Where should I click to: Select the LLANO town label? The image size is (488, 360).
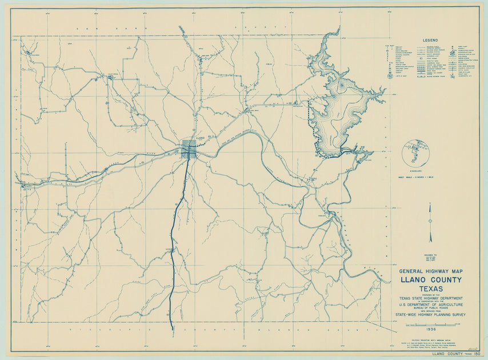pyautogui.click(x=199, y=138)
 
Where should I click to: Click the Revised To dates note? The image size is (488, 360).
pyautogui.click(x=430, y=258)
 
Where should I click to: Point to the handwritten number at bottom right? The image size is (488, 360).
pyautogui.click(x=472, y=346)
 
